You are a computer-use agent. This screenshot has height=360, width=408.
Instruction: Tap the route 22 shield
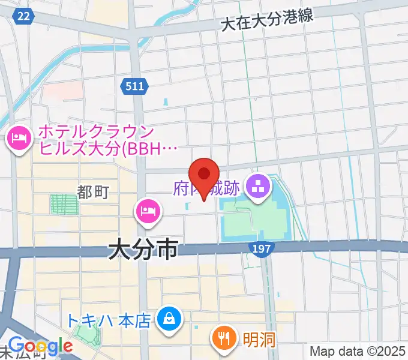pyautogui.click(x=23, y=17)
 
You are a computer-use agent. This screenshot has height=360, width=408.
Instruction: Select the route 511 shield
pyautogui.click(x=135, y=86)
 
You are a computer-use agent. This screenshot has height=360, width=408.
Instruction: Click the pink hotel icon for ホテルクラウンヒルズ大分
pyautogui.click(x=18, y=140)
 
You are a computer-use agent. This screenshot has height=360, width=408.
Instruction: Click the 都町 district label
pyautogui.click(x=92, y=191)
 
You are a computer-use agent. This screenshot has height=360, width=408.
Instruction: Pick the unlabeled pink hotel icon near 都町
pyautogui.click(x=148, y=211)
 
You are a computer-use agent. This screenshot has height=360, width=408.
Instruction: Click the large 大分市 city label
pyautogui.click(x=143, y=250)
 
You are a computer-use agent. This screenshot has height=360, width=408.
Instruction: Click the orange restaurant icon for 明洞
pyautogui.click(x=224, y=338)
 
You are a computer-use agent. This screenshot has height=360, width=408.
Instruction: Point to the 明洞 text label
pyautogui.click(x=259, y=340)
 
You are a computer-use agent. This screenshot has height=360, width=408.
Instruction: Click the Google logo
pyautogui.click(x=40, y=346)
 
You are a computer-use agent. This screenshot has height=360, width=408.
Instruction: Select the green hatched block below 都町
pyautogui.click(x=64, y=203)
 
